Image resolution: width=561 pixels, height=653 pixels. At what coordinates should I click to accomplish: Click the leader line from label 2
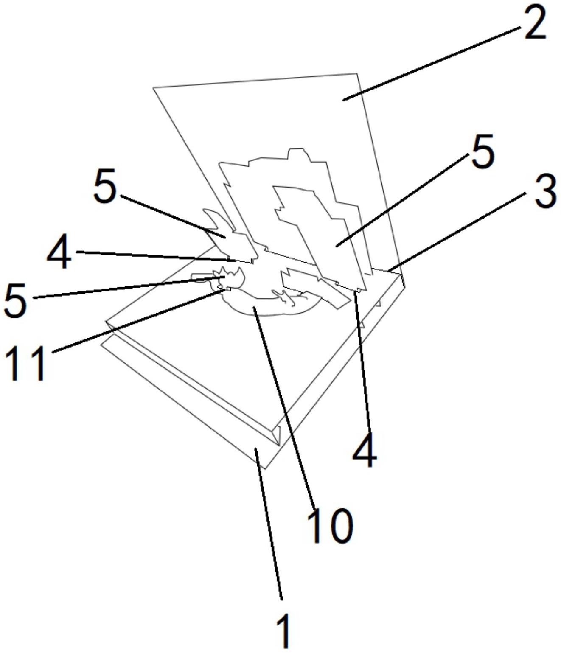pyautogui.click(x=432, y=64)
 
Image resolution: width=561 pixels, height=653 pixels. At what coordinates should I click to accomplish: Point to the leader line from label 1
pyautogui.click(x=269, y=519)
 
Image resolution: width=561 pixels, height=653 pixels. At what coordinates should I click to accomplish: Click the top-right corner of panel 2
pyautogui.click(x=357, y=73)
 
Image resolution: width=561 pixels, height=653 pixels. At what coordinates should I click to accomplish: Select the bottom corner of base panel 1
pyautogui.click(x=266, y=469)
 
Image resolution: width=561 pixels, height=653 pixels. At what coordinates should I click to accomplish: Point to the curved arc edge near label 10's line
pyautogui.click(x=272, y=315)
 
